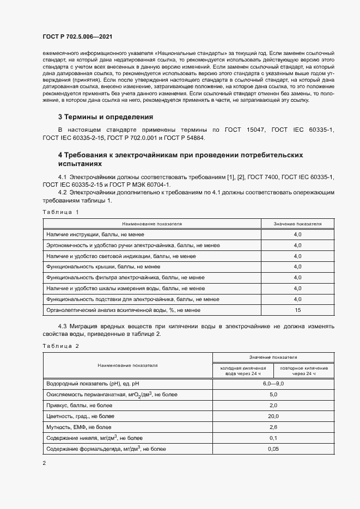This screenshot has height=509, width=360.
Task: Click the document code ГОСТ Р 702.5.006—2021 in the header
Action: [x=77, y=37]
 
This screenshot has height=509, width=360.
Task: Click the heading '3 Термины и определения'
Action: [x=105, y=117]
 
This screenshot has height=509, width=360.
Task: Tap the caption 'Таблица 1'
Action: [x=60, y=212]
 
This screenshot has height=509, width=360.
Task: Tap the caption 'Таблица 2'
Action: [x=60, y=346]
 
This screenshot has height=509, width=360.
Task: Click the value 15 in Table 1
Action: [x=297, y=310]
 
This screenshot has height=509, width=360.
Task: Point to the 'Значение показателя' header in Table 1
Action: [x=297, y=224]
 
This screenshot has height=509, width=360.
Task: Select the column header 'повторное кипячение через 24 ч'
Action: [x=303, y=371]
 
